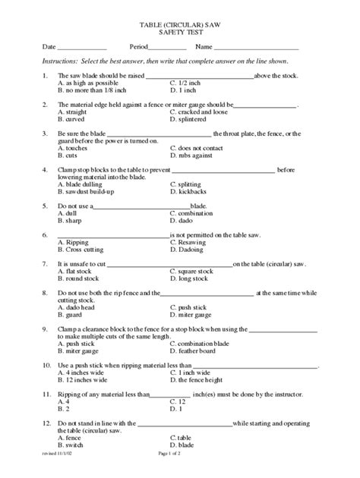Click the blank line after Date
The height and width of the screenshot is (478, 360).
(83, 49)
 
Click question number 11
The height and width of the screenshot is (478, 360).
(46, 393)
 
